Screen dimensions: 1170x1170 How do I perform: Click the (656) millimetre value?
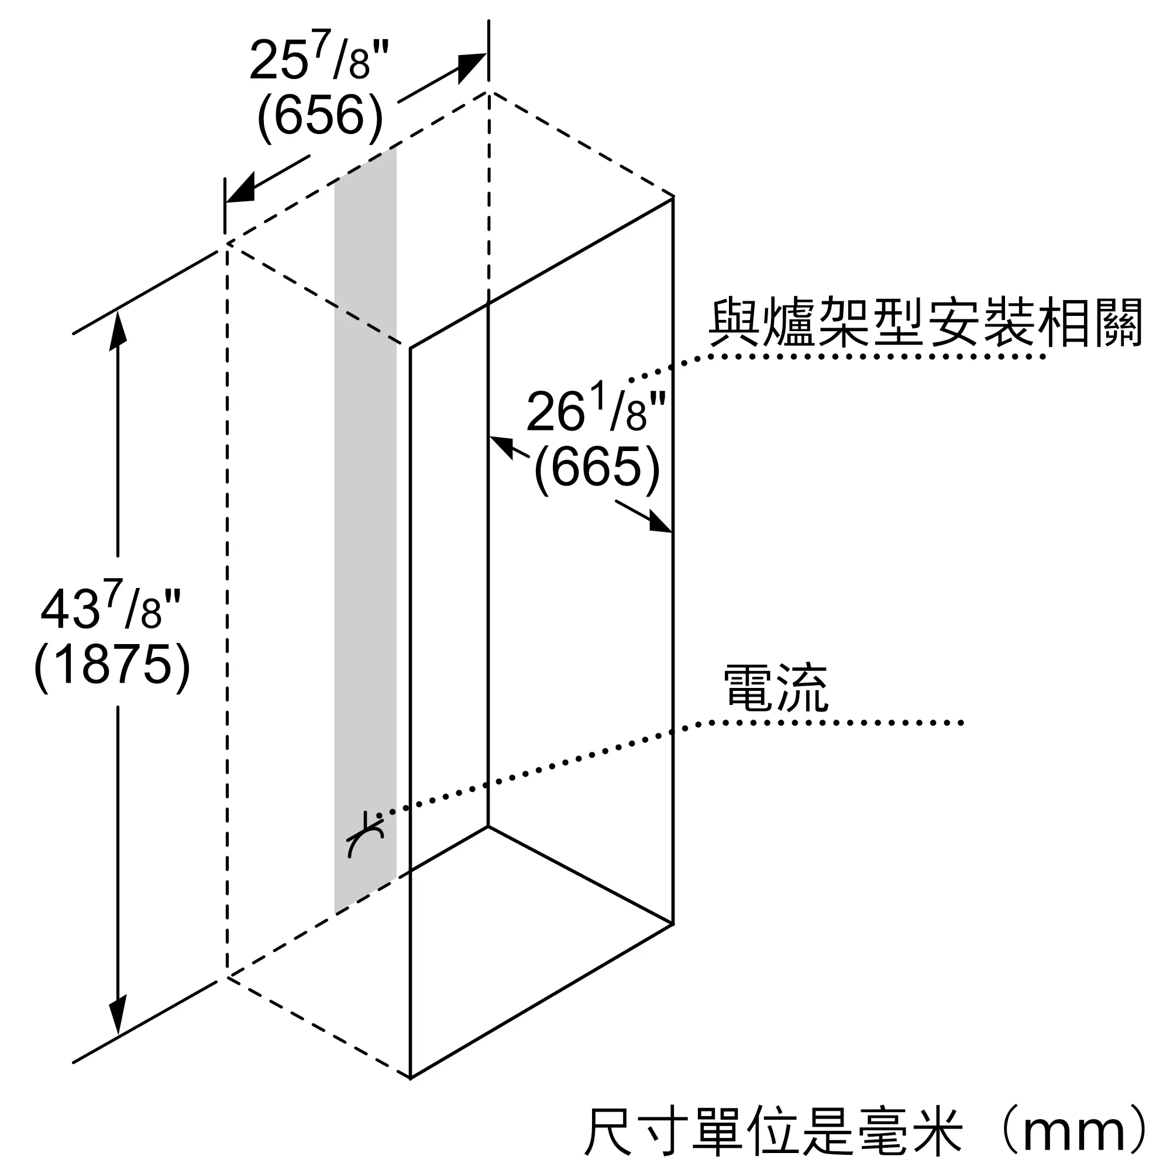320,115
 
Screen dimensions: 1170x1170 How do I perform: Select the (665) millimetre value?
597,466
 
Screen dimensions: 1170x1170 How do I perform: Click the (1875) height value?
112,665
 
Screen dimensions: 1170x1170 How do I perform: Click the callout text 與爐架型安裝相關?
925,323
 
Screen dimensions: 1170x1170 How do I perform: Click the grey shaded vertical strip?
366,515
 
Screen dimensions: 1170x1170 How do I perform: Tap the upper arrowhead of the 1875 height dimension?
118,329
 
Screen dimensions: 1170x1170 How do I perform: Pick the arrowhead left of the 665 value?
502,446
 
